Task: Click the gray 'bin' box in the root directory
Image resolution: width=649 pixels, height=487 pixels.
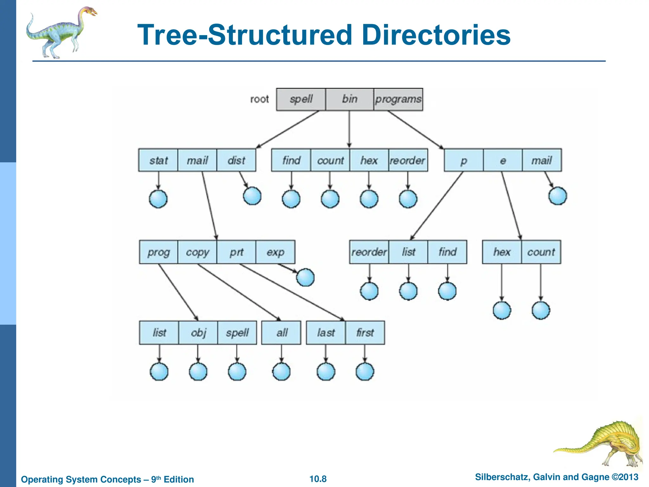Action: (x=349, y=99)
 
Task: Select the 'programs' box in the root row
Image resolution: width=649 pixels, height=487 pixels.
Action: (x=398, y=99)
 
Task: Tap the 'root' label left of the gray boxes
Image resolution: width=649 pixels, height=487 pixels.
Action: (x=259, y=99)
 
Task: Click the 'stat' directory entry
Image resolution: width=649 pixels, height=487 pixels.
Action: (x=158, y=160)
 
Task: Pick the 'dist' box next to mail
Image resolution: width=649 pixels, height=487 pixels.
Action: (x=236, y=160)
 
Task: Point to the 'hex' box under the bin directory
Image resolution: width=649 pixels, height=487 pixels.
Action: (x=369, y=160)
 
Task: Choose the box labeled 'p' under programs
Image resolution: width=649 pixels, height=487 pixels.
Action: (x=464, y=160)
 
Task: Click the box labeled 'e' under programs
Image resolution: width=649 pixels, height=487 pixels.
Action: (x=503, y=160)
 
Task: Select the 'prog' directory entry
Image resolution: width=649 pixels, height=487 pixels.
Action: (x=158, y=252)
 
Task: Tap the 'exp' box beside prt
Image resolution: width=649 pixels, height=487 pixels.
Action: (x=275, y=252)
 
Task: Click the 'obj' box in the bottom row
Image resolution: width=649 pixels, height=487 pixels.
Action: (x=198, y=333)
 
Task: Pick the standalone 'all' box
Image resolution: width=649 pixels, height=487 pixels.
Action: (x=281, y=333)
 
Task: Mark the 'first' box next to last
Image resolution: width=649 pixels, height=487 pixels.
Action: (x=365, y=333)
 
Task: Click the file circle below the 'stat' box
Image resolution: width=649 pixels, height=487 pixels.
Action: (x=158, y=199)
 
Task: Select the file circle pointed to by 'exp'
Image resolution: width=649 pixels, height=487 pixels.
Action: (x=305, y=277)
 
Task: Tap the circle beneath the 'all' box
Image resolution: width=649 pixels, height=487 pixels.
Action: (x=281, y=372)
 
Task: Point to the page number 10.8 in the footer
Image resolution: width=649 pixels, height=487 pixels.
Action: (x=318, y=479)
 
